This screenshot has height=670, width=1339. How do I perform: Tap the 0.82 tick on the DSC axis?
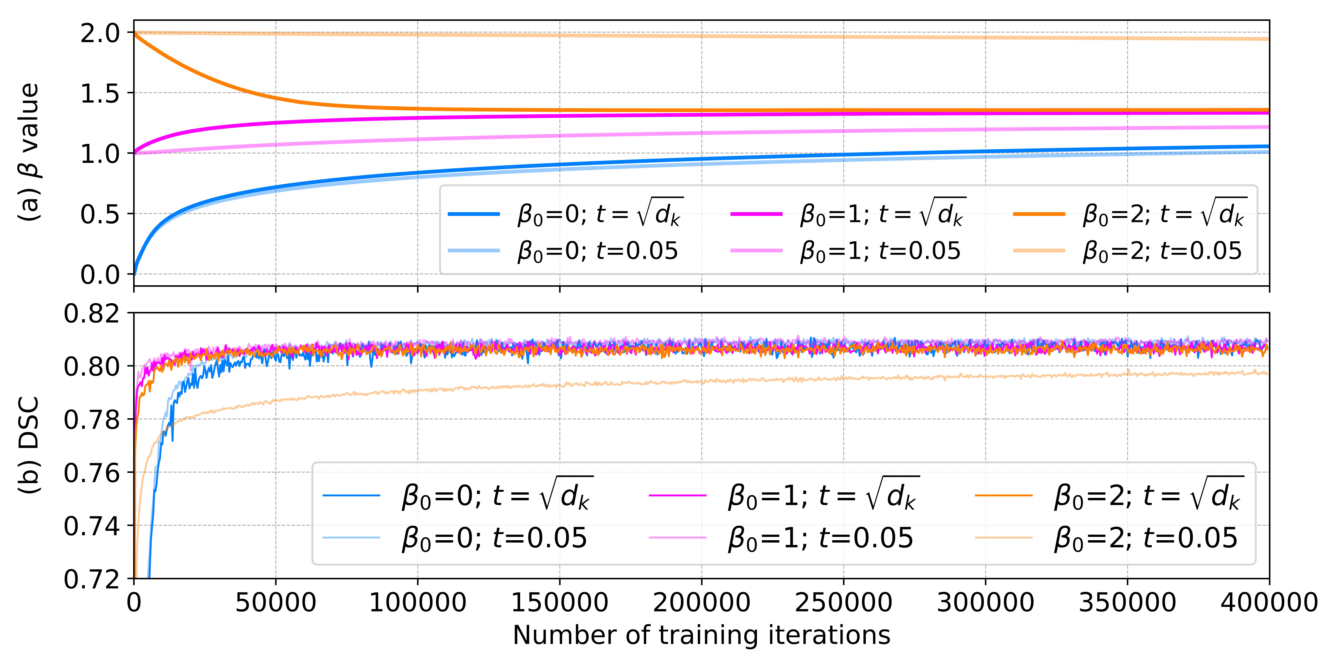click(x=91, y=314)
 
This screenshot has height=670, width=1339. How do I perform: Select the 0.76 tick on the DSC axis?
click(x=91, y=473)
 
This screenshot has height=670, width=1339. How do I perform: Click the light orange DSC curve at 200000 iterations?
click(x=701, y=382)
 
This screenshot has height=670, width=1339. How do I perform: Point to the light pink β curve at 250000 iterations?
click(x=843, y=131)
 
